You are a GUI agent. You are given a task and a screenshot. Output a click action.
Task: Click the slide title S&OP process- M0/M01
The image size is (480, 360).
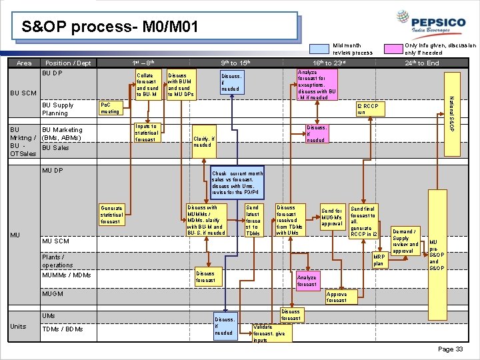109,28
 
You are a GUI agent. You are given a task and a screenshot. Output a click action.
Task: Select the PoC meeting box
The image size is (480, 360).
110,108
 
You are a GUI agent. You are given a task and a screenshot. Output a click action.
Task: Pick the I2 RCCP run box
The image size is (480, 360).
367,109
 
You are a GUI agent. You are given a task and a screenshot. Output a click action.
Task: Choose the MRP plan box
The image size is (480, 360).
379,260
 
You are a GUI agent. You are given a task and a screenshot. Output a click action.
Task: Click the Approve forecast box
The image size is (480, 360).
337,297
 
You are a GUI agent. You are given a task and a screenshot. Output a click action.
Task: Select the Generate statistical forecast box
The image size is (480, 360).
112,215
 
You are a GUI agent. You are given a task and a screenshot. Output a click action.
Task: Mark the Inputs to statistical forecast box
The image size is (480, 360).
145,133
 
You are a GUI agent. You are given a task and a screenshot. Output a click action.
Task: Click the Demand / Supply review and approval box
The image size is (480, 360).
406,241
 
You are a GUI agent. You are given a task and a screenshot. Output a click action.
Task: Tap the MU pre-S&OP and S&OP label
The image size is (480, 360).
435,255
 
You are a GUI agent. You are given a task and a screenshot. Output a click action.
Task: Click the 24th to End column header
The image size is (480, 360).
422,63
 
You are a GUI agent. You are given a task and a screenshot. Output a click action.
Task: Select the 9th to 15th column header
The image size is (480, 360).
239,63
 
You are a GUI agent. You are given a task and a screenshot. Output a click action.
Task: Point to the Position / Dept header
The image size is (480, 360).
68,63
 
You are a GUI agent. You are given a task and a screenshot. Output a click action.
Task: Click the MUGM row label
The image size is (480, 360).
53,293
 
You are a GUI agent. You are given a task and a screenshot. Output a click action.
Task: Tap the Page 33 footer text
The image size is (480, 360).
451,349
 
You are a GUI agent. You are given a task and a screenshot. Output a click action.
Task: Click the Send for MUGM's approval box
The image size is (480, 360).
332,218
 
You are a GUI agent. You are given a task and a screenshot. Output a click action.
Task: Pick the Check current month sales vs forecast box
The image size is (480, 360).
237,183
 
